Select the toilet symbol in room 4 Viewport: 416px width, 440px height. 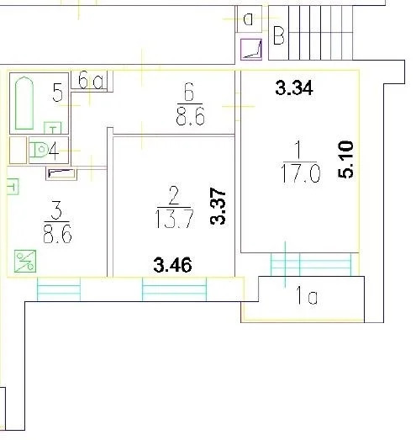(39, 151)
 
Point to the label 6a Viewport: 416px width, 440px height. (89, 81)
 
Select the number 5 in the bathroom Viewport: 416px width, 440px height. (57, 93)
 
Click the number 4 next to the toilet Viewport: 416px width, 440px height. (54, 152)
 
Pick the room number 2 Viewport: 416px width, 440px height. (174, 196)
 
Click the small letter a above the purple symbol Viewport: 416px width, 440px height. (249, 17)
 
